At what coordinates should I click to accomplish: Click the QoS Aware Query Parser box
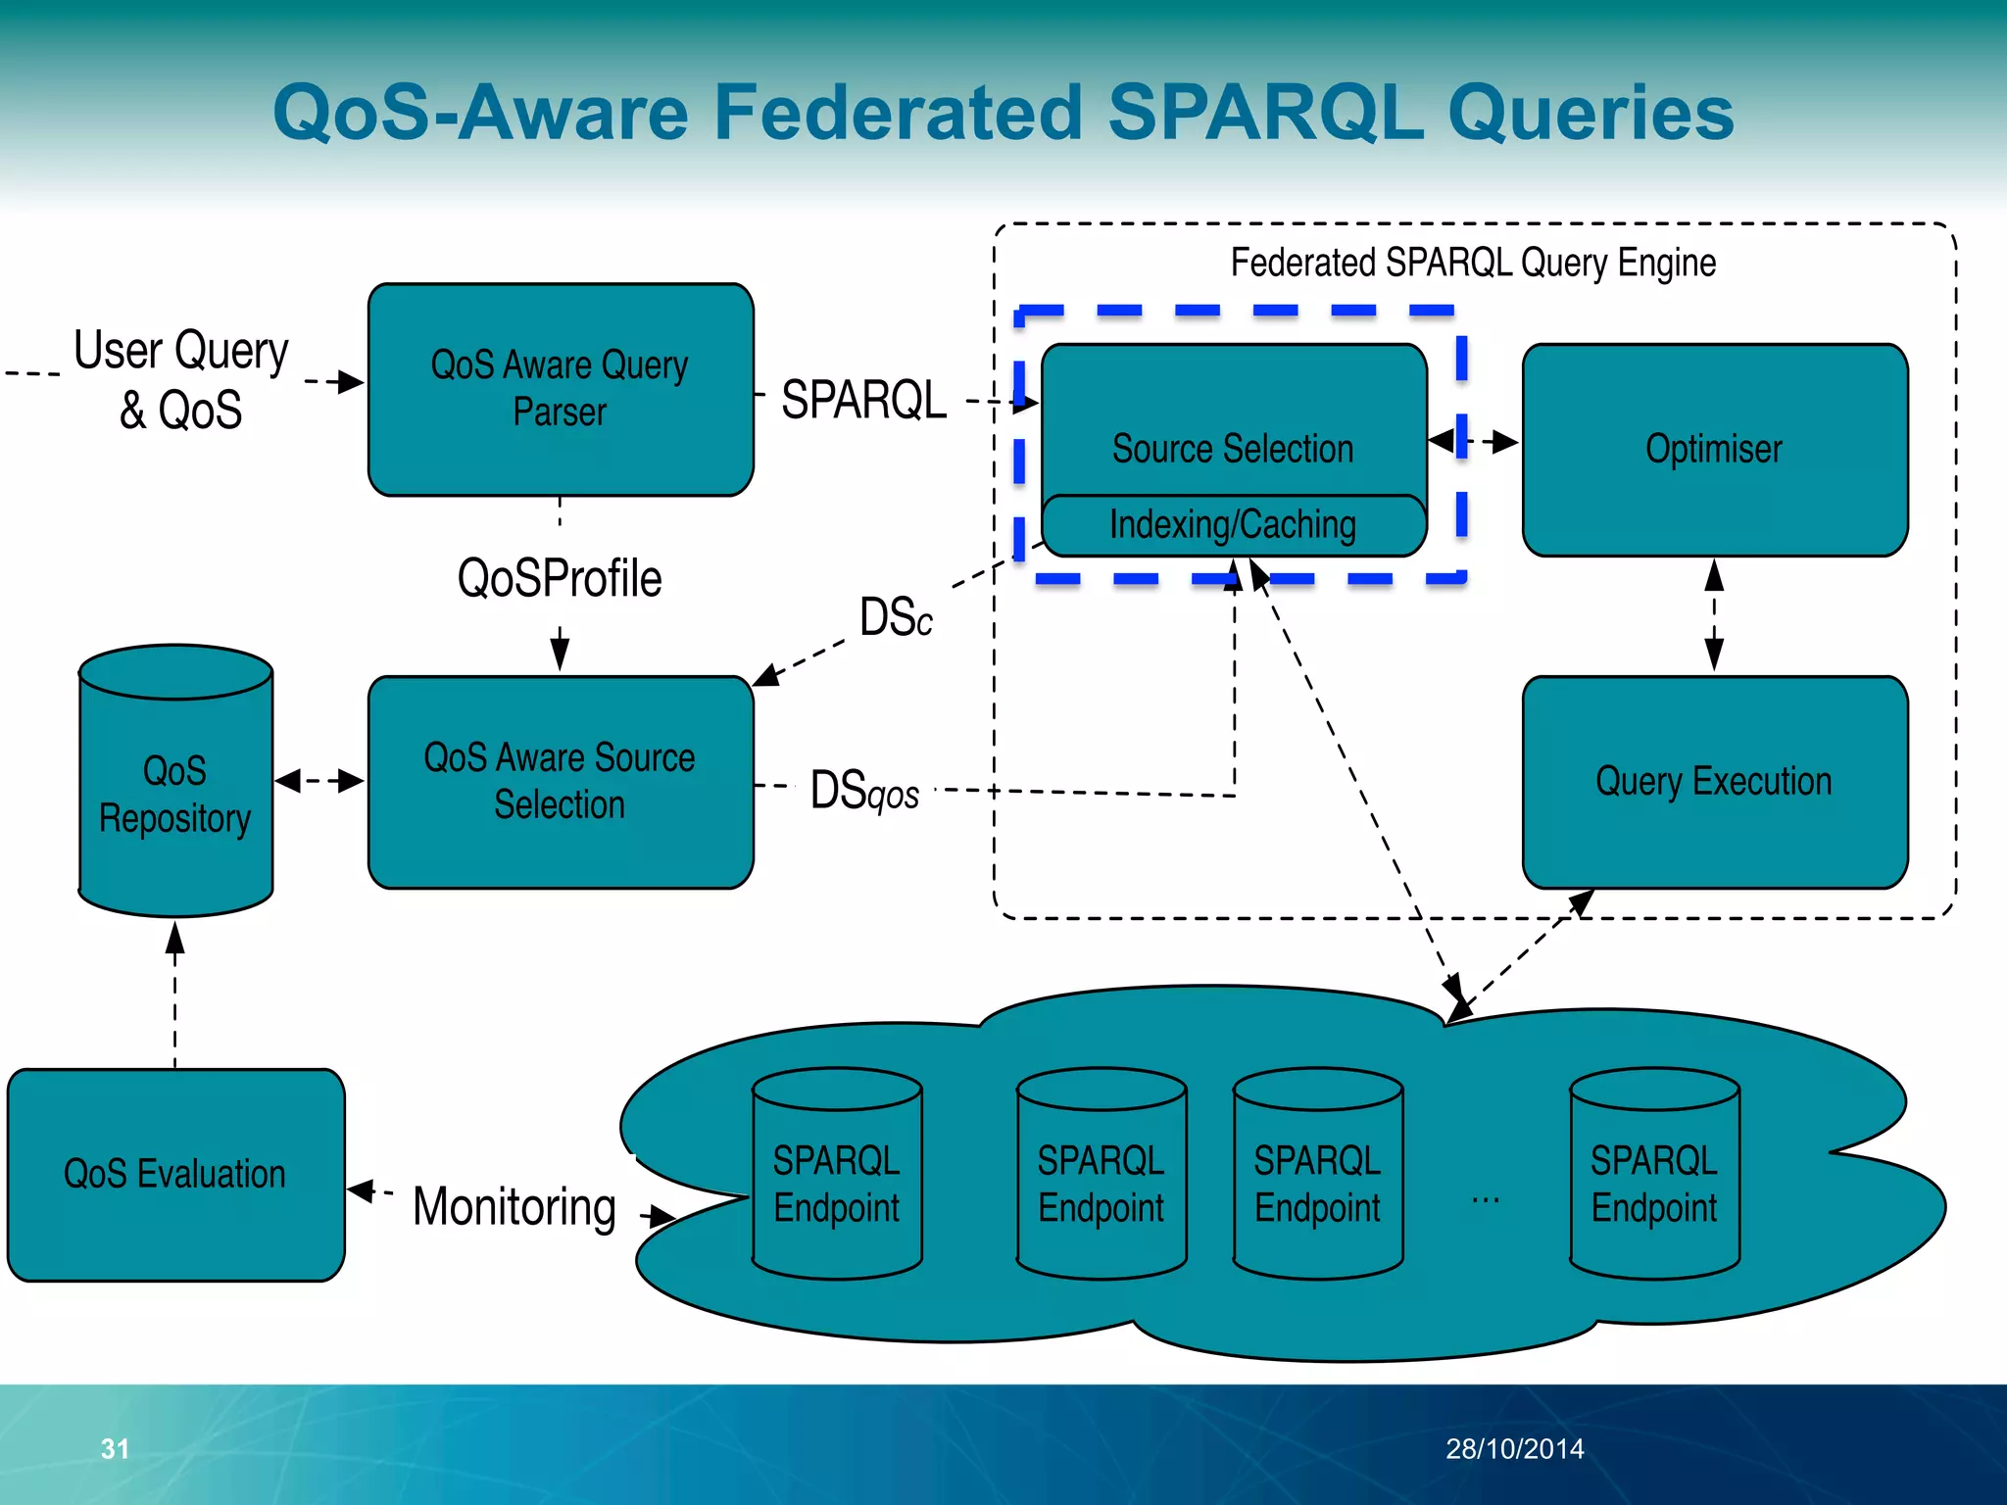point(560,389)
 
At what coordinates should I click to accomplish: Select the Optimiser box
point(1714,449)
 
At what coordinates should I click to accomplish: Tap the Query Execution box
point(1714,782)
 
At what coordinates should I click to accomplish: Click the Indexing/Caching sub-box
point(1233,525)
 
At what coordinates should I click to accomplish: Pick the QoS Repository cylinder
point(175,794)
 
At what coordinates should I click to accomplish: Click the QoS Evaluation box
point(175,1174)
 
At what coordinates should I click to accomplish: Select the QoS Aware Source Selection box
point(560,782)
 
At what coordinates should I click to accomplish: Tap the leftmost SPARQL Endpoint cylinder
point(836,1184)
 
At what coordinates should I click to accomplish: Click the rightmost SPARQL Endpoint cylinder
point(1654,1184)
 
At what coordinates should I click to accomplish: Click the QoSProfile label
point(560,578)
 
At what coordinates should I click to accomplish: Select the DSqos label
point(864,791)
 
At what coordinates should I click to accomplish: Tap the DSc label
point(896,618)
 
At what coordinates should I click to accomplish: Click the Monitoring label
point(514,1207)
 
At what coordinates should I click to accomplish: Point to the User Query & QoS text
point(181,380)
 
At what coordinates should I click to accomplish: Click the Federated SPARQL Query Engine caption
point(1473,263)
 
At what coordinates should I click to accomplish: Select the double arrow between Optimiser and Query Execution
point(1714,615)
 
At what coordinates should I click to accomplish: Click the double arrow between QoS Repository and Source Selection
point(319,781)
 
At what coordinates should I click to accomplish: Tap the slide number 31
point(115,1448)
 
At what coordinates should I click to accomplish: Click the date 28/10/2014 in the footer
point(1514,1448)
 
